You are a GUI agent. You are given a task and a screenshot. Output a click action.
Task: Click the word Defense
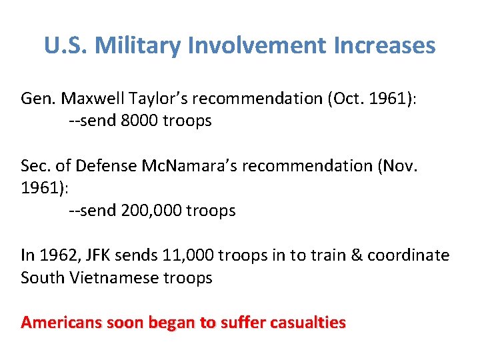(107, 166)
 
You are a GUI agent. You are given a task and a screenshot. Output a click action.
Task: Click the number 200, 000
(151, 211)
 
